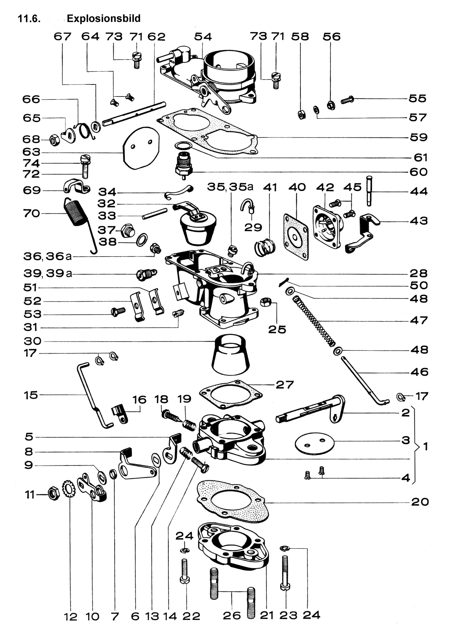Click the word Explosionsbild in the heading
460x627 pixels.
(103, 18)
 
